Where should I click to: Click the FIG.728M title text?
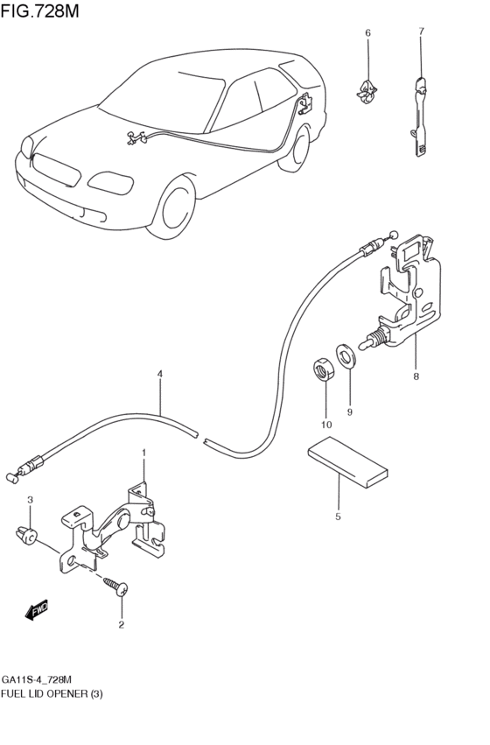click(x=40, y=11)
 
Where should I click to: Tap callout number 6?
click(x=367, y=32)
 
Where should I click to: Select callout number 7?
click(x=421, y=32)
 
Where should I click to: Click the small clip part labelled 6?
click(x=367, y=92)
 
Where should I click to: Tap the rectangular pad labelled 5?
click(x=348, y=462)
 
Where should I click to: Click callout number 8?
click(x=416, y=376)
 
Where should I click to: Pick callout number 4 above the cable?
click(x=160, y=374)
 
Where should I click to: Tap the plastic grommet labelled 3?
click(x=26, y=536)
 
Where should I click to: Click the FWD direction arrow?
click(x=37, y=609)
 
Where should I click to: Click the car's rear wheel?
click(x=296, y=148)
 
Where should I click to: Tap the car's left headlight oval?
click(x=110, y=183)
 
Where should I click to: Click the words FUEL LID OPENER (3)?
click(x=52, y=694)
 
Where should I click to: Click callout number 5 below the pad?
click(x=338, y=517)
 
